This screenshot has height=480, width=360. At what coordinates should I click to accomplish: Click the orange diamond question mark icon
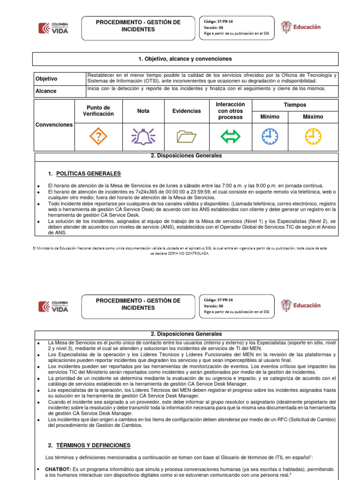pos(98,136)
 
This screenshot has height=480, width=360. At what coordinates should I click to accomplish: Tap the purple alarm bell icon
pos(143,136)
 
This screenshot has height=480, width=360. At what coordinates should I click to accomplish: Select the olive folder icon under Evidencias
pos(187,136)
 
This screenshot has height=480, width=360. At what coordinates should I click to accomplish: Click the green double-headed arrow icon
pos(230,136)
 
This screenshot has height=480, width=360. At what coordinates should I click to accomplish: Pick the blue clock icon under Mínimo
pos(270,136)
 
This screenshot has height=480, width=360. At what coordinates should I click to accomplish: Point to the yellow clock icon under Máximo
pos(313,136)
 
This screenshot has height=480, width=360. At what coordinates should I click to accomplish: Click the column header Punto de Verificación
pos(98,111)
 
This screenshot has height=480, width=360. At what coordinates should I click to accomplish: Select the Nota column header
pos(143,111)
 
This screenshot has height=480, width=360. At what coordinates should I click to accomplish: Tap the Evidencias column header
pos(187,111)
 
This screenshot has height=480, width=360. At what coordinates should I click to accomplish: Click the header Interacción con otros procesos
pos(230,111)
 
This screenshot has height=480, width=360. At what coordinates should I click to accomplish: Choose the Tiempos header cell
pos(295,105)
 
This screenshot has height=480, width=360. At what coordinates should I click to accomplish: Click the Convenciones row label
pos(54,125)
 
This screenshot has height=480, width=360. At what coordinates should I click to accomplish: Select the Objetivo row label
pos(46,79)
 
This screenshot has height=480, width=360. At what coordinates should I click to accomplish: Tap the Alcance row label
pos(46,91)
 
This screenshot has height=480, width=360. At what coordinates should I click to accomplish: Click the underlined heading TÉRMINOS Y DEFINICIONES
pos(93,445)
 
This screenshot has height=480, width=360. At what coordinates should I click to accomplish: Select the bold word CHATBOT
pos(57,469)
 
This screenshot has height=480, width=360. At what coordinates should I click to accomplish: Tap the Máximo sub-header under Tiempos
pos(313,116)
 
